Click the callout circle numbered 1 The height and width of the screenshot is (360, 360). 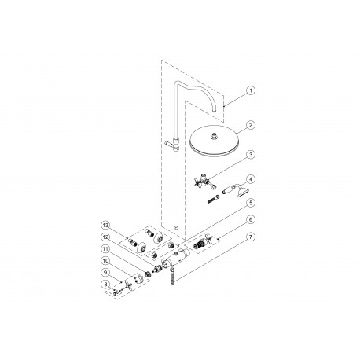(x=250, y=91)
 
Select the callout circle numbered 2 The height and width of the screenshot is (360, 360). (x=250, y=125)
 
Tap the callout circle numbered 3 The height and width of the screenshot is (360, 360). (x=250, y=155)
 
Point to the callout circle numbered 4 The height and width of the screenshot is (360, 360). (x=250, y=179)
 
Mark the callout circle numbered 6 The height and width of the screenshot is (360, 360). (x=250, y=221)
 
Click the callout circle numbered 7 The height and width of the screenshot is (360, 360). (x=250, y=237)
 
